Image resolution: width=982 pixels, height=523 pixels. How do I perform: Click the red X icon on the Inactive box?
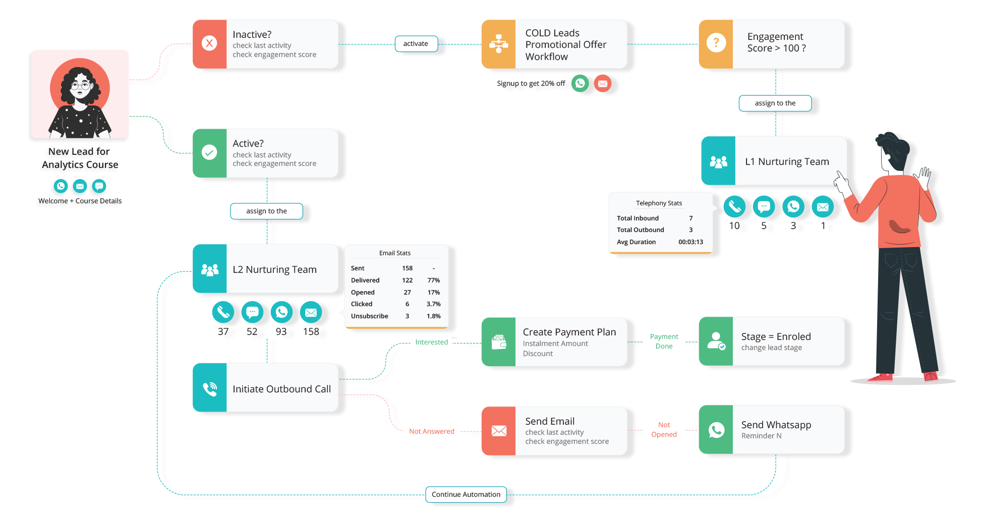(x=209, y=44)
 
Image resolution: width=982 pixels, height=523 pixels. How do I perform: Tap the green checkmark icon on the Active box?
(x=209, y=153)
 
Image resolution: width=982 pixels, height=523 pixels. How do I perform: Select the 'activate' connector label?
(x=416, y=44)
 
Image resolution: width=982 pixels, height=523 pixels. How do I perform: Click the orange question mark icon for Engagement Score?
(x=716, y=43)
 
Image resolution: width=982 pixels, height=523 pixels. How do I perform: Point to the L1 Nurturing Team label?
(x=787, y=161)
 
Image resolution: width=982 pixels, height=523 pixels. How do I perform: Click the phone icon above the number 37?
(x=223, y=312)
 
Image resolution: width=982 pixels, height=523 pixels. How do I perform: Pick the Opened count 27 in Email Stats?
(x=407, y=293)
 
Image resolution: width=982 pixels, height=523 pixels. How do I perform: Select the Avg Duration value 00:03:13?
(x=690, y=242)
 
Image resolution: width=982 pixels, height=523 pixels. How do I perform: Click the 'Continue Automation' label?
(x=466, y=494)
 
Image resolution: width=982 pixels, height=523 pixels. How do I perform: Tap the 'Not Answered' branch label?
(x=432, y=431)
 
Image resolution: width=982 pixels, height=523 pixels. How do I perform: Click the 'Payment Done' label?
(x=664, y=341)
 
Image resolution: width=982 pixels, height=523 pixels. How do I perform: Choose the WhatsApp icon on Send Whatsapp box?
(x=716, y=430)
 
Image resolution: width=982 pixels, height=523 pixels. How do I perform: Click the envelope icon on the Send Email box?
(x=499, y=431)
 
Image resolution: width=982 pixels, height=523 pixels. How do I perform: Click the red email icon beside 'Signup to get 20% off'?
(x=602, y=83)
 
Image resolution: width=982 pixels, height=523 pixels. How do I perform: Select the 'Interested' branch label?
(x=432, y=342)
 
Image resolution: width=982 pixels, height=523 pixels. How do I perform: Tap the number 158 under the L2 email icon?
(x=311, y=332)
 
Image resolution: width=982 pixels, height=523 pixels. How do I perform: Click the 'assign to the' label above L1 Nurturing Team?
(x=775, y=103)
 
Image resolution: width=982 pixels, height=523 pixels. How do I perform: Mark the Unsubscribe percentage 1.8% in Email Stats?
(x=433, y=316)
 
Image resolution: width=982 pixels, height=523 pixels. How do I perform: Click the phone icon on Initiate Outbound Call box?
(x=210, y=388)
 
